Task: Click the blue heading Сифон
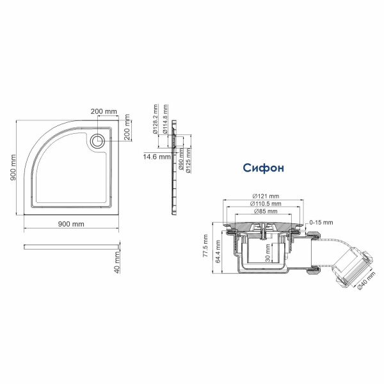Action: (262, 168)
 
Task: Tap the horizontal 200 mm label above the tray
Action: (104, 111)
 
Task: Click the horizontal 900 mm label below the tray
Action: (71, 224)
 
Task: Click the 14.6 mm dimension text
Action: (157, 156)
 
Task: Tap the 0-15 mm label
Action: (321, 222)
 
